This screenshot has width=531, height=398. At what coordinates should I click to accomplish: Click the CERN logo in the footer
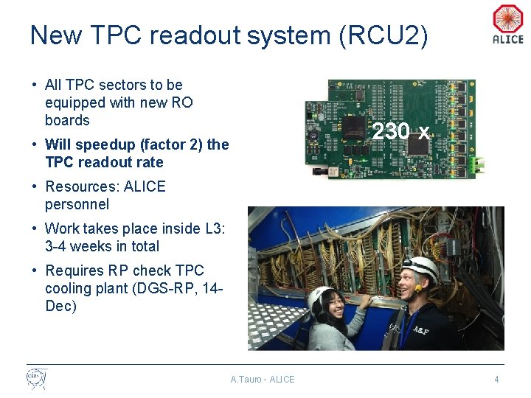[36, 379]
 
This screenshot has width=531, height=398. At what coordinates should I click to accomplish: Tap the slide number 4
[496, 380]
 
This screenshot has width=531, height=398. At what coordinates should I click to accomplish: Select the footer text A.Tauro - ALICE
[262, 380]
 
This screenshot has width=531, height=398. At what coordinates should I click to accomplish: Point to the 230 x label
[400, 132]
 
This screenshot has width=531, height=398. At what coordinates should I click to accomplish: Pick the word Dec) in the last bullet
[60, 306]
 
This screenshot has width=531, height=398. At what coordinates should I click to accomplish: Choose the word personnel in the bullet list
[77, 204]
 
